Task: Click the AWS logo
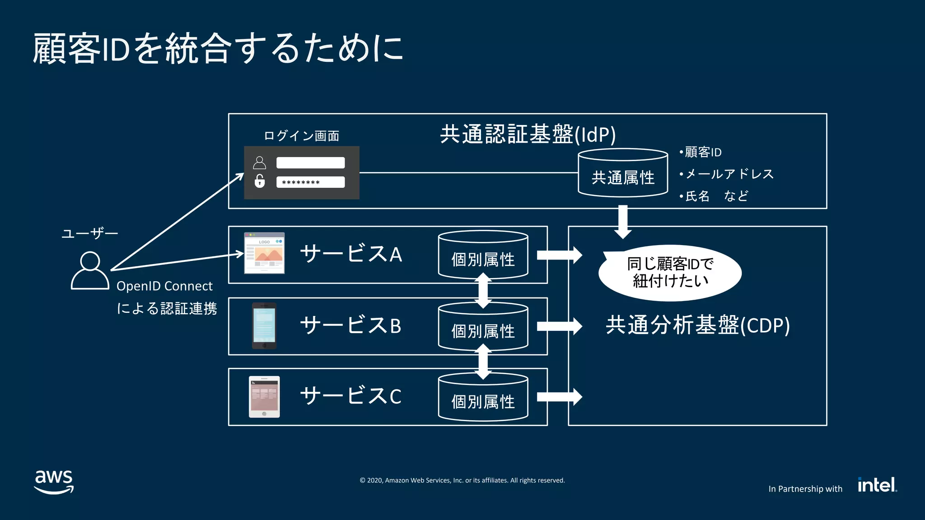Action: tap(54, 482)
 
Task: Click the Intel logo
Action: tap(877, 485)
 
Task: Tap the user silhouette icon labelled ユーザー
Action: tap(90, 270)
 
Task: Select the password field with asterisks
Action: tap(310, 182)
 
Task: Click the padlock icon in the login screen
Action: tap(259, 181)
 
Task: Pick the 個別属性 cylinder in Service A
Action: tap(483, 255)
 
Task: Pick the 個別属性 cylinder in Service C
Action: tap(483, 398)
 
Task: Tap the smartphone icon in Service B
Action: tap(264, 325)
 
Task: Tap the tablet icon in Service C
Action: tap(264, 397)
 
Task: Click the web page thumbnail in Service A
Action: tap(264, 253)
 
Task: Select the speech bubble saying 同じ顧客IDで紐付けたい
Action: tap(670, 273)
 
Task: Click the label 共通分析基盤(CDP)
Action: tap(697, 325)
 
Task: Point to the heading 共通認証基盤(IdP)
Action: tap(528, 135)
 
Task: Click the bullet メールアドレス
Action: tap(729, 174)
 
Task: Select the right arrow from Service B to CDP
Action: tap(559, 326)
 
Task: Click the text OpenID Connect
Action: tap(164, 286)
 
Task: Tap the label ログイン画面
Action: tap(301, 136)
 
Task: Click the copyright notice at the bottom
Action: tap(462, 480)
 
